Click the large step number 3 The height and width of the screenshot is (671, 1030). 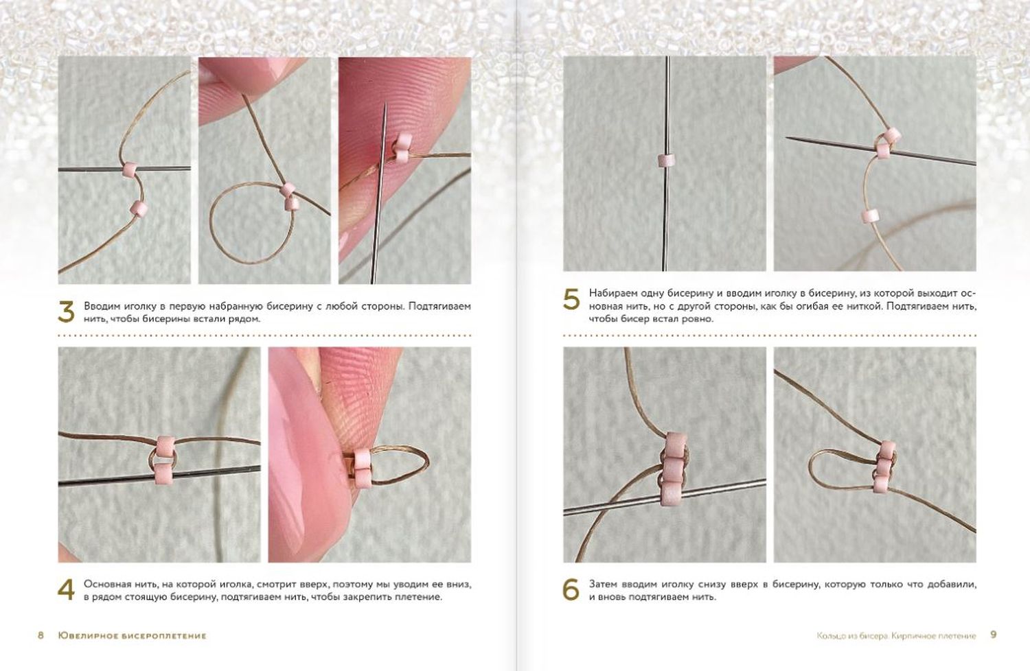tap(66, 312)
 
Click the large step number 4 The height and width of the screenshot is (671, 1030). tap(66, 590)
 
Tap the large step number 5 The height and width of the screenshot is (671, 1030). tap(571, 300)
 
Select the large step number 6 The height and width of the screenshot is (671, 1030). tap(571, 590)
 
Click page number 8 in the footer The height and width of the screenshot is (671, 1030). tap(41, 635)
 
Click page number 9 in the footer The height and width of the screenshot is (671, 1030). tap(994, 635)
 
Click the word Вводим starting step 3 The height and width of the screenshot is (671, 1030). tap(98, 306)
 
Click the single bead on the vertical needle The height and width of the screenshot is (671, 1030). tap(665, 161)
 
